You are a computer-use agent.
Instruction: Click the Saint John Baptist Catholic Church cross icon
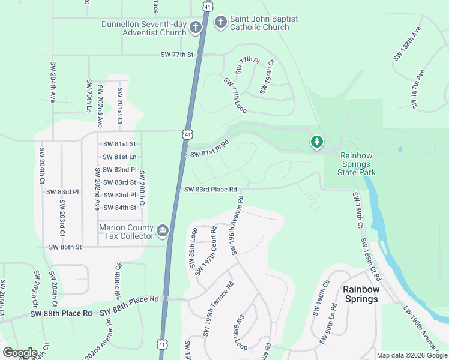[220, 23]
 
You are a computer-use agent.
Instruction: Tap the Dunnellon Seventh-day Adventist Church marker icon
[195, 28]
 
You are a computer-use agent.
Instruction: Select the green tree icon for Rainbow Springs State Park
[316, 142]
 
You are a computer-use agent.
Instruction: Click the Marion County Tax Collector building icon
[162, 231]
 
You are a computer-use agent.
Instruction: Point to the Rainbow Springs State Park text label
[358, 164]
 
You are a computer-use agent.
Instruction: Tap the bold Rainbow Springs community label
[361, 293]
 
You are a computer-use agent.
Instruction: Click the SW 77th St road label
[178, 55]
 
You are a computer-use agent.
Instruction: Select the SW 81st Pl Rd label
[210, 149]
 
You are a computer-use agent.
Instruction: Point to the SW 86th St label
[65, 247]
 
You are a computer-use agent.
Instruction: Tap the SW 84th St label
[119, 208]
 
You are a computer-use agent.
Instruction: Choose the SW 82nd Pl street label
[119, 170]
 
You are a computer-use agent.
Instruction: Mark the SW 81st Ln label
[119, 157]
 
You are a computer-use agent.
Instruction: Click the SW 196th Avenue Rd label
[236, 224]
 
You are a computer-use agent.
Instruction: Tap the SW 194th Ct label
[267, 76]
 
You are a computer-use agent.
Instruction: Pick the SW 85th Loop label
[193, 251]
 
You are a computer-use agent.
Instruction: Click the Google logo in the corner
[20, 353]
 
